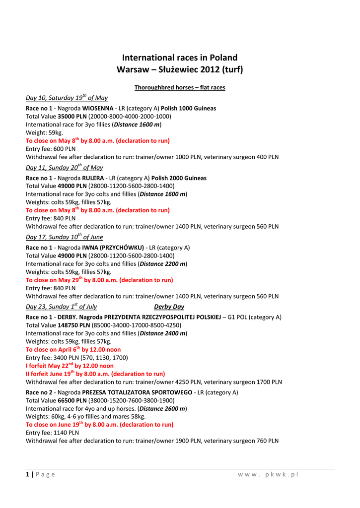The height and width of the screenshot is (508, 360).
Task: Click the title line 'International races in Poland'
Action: [x=180, y=58]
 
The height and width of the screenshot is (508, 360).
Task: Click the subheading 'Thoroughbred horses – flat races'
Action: [x=180, y=88]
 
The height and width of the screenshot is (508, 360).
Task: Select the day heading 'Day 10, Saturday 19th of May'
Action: [x=67, y=98]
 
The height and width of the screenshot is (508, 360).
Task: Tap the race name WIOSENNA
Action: [x=97, y=108]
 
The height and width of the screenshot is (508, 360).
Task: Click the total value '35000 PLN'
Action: [x=72, y=116]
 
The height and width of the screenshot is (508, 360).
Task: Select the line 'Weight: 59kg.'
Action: [x=45, y=132]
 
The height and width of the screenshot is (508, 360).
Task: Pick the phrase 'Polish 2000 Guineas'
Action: [x=179, y=178]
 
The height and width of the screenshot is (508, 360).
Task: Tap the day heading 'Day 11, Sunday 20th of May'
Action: [x=65, y=168]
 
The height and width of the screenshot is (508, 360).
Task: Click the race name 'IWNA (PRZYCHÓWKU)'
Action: [x=113, y=248]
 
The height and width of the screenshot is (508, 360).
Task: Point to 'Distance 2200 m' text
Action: [x=162, y=263]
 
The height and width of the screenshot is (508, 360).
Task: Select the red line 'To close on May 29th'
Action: [x=99, y=280]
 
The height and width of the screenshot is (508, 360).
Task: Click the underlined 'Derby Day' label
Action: [x=169, y=307]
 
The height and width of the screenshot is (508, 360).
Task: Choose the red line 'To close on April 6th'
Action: [x=73, y=349]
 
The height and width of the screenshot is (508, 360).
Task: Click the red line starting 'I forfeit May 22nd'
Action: [x=70, y=366]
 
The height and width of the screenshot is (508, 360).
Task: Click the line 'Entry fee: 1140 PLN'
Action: [x=52, y=433]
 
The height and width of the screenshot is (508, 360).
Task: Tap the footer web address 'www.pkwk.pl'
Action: [x=268, y=474]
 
